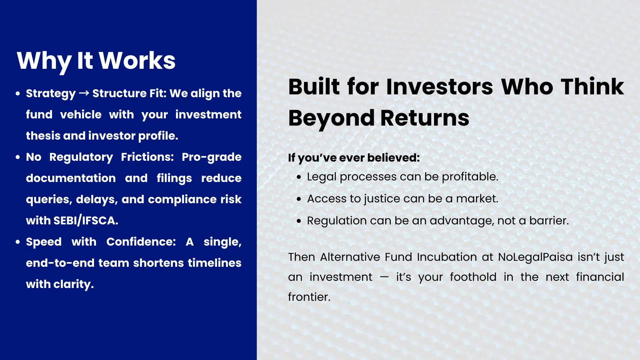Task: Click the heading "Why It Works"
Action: (96, 61)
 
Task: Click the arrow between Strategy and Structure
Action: (84, 93)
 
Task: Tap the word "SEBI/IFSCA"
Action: (86, 220)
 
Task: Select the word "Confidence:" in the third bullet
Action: (141, 242)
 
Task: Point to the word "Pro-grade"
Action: (212, 157)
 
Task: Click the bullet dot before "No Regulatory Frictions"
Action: (18, 157)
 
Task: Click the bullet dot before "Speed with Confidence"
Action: (18, 242)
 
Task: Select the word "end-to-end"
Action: (60, 263)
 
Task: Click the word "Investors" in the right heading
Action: (440, 86)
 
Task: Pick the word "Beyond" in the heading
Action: (332, 118)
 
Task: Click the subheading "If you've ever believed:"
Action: (354, 158)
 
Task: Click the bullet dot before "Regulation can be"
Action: (299, 221)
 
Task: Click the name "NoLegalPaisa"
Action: (536, 257)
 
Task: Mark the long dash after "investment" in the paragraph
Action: (384, 277)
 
